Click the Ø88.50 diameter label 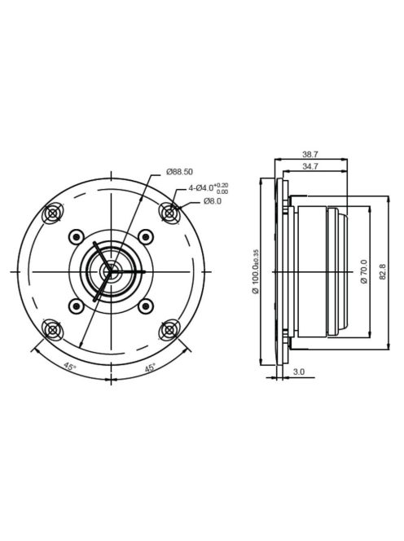point(179,172)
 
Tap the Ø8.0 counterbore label point(213,200)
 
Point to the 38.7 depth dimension point(310,153)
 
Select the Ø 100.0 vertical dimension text point(255,270)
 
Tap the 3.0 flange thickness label point(299,372)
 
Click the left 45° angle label point(70,367)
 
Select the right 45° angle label point(151,367)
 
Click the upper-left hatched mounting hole point(54,213)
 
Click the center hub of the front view point(111,270)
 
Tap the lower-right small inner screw point(146,306)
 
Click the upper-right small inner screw point(146,236)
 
